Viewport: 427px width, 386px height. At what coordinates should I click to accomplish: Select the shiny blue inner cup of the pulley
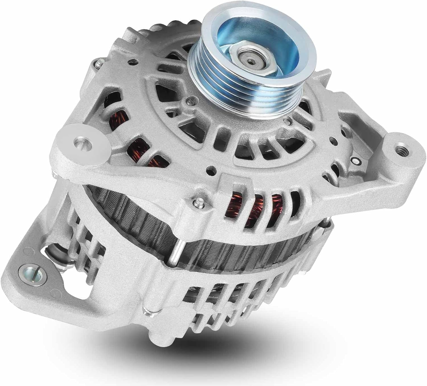[228, 43]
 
